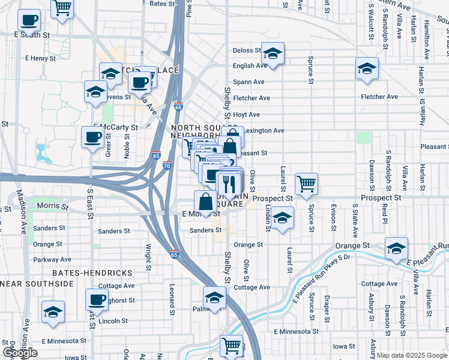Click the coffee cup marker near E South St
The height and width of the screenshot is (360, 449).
coord(29,21)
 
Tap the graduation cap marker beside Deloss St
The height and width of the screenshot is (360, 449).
coord(273,55)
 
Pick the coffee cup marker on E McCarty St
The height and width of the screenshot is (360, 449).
coord(93,137)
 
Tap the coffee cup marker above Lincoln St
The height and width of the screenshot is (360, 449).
coord(97,299)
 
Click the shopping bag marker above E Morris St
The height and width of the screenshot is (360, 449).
coord(206,200)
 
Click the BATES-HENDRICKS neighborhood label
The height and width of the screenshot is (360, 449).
coord(92,273)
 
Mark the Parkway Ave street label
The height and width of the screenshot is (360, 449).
coord(52,260)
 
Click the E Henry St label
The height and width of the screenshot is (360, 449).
coord(40,59)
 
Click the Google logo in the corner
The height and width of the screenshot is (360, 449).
coord(20,353)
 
